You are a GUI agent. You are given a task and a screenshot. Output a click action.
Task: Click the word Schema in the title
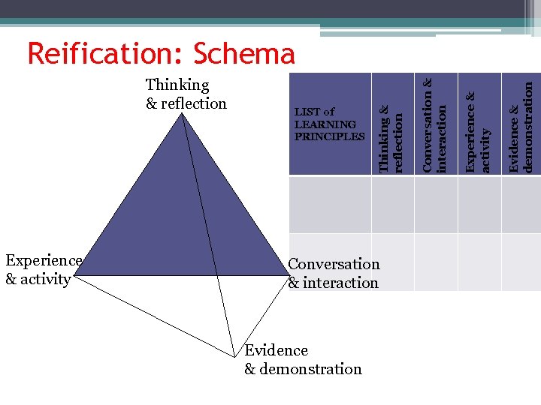click(244, 53)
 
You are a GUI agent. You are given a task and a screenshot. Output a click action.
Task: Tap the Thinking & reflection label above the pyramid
click(186, 94)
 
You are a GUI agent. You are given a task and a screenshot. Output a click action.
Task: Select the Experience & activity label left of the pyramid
click(43, 270)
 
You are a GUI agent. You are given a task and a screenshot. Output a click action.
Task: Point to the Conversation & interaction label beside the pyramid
click(334, 273)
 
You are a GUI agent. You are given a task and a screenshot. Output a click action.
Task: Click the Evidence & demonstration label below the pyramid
click(303, 359)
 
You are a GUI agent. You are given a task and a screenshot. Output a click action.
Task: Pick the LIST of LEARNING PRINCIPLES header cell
click(329, 124)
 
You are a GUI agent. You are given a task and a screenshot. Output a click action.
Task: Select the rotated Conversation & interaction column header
click(435, 124)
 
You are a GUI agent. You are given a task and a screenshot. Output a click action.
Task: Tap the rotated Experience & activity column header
click(479, 124)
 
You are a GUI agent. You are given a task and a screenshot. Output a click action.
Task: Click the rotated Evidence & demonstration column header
click(521, 124)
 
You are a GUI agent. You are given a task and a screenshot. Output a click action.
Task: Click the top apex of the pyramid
click(183, 113)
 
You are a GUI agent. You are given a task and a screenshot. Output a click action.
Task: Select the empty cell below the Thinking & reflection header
click(392, 204)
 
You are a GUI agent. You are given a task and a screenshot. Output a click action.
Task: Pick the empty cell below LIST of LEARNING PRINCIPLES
click(329, 204)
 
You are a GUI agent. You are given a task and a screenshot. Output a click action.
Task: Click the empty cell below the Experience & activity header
click(479, 204)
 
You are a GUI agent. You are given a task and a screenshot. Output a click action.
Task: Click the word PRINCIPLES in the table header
click(329, 136)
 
